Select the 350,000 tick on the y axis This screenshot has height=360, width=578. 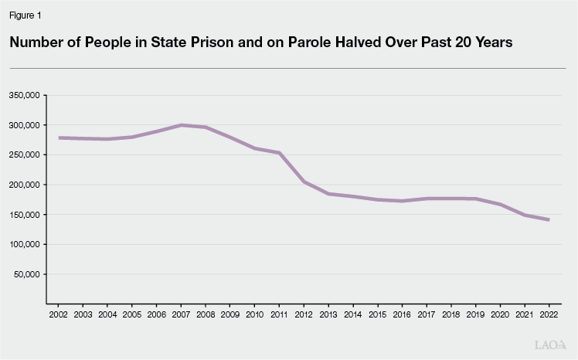tap(25, 95)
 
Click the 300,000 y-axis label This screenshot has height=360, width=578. tap(25, 125)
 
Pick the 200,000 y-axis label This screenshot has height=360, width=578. tap(25, 185)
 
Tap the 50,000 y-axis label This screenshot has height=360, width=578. tap(27, 274)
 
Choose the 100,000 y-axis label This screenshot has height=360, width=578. tap(25, 244)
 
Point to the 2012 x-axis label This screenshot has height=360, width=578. tap(304, 316)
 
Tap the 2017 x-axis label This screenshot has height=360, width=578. tap(427, 316)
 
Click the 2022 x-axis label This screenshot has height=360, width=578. tap(549, 316)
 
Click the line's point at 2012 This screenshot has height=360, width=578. tap(304, 182)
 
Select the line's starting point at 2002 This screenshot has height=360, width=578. tap(60, 138)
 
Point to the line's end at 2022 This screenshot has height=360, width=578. tap(549, 220)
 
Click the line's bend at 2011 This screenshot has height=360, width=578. tap(280, 153)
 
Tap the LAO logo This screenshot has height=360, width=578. tap(550, 345)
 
